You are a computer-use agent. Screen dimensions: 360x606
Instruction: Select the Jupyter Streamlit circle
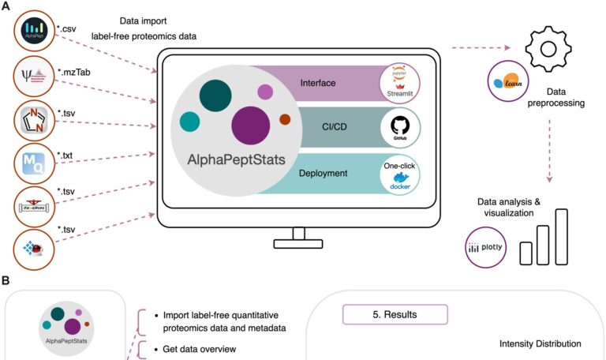(x=398, y=83)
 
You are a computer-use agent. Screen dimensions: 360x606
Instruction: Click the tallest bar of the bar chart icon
(x=561, y=236)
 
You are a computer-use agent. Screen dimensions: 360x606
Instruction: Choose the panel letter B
(x=6, y=281)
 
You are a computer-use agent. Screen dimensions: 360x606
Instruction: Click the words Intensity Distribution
(x=541, y=343)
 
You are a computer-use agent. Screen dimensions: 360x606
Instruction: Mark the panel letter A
(x=6, y=6)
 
